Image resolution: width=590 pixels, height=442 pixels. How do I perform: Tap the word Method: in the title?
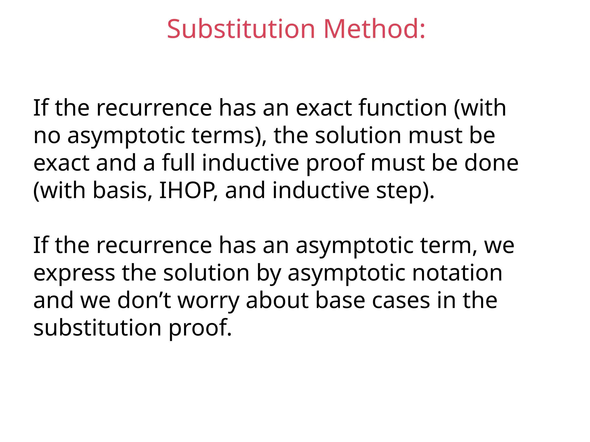click(374, 29)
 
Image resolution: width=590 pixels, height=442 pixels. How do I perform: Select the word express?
click(74, 273)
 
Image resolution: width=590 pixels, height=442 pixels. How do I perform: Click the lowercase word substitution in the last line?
click(97, 328)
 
